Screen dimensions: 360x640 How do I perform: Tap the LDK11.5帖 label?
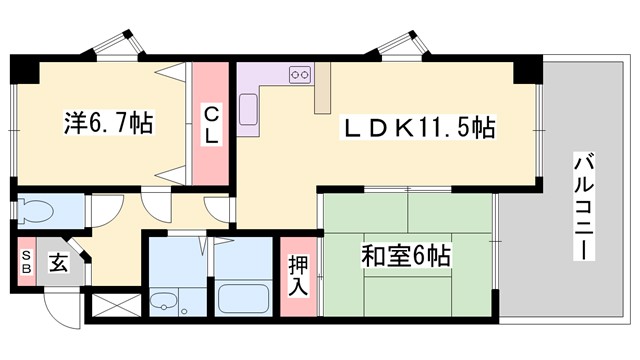click(x=421, y=129)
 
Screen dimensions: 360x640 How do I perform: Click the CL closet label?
click(x=212, y=125)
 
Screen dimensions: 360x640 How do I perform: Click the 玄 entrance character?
click(x=59, y=264)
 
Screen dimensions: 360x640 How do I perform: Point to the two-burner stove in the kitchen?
click(x=299, y=73)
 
